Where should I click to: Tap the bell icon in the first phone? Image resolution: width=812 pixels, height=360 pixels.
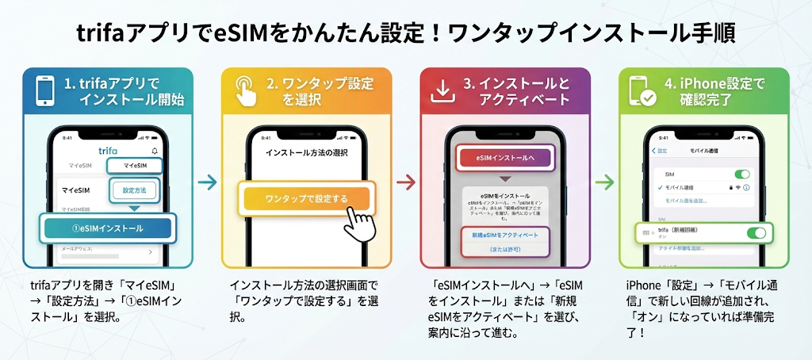(x=154, y=151)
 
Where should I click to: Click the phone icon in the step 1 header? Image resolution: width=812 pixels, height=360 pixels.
(x=46, y=90)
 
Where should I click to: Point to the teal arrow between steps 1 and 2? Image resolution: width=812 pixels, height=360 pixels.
(x=207, y=182)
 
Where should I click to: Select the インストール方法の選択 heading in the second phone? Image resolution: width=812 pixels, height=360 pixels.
(x=306, y=152)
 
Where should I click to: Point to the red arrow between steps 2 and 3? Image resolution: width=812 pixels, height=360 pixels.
(x=406, y=182)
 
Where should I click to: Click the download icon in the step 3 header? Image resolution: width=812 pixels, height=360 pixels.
(x=442, y=91)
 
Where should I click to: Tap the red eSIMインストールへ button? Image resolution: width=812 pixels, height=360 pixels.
(x=505, y=159)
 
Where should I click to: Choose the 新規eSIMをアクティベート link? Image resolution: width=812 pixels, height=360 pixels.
(x=504, y=235)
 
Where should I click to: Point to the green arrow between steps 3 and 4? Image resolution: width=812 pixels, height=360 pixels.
(x=604, y=182)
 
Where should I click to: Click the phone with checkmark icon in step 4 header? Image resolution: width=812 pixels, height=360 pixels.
(x=642, y=91)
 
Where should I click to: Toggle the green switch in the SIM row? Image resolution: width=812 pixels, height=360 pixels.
(x=741, y=174)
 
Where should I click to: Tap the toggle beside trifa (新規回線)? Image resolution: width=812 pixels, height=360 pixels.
(x=756, y=232)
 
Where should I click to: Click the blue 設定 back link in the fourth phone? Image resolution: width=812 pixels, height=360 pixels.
(x=660, y=151)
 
